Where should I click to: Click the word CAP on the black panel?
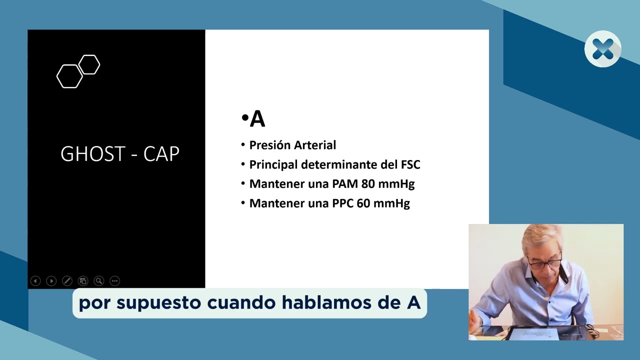161,154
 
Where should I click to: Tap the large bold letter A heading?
257,119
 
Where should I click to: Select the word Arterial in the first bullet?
314,145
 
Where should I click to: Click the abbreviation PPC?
343,203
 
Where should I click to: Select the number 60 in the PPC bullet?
364,203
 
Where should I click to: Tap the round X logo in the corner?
603,49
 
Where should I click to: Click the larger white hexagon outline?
69,76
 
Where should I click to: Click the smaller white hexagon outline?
89,64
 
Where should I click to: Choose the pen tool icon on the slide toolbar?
67,281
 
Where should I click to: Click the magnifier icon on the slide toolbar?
99,281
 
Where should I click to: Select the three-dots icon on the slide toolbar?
114,281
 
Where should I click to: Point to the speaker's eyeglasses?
544,262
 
